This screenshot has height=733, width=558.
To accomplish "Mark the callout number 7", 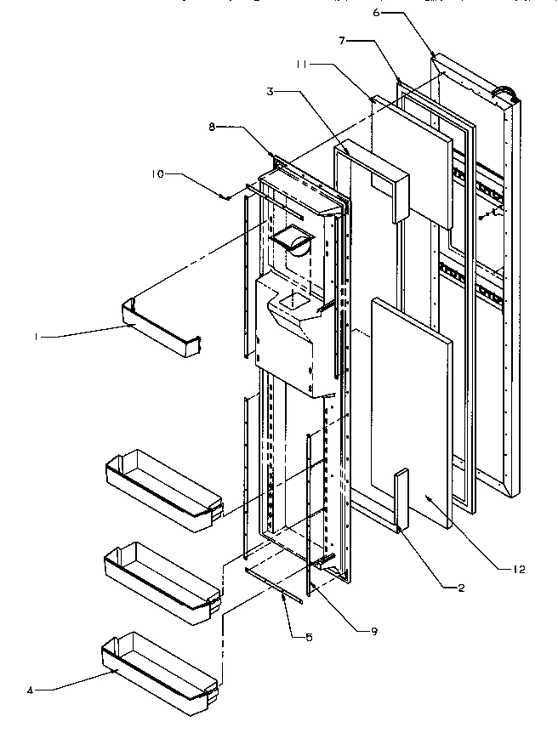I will point(340,40).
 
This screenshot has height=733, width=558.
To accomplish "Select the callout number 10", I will point(158,175).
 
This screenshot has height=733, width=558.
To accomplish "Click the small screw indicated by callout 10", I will point(227,197).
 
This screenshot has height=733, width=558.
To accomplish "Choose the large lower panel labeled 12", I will point(411,408).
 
